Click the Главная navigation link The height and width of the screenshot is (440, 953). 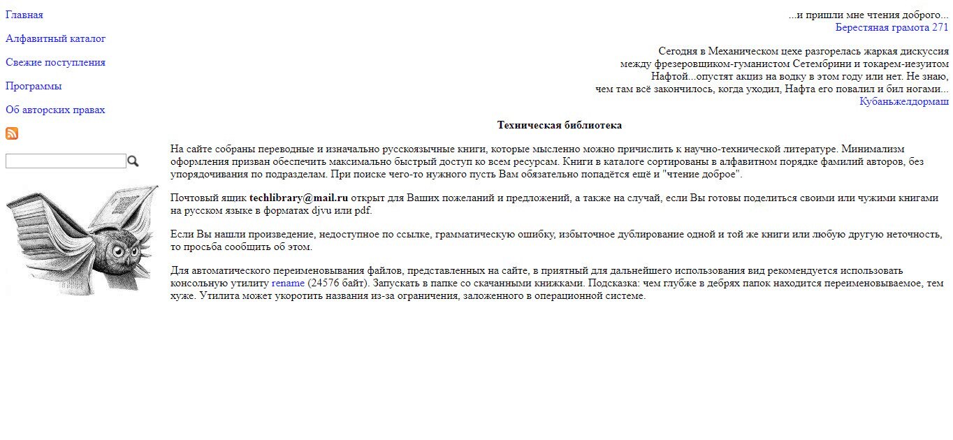coord(24,15)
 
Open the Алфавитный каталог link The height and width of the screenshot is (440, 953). coord(56,38)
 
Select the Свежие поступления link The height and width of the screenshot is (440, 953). coord(55,62)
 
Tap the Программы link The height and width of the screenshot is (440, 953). coord(34,86)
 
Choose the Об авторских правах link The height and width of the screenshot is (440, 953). coord(55,110)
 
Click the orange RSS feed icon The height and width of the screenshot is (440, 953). coord(12,133)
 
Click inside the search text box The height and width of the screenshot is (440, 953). coord(66,161)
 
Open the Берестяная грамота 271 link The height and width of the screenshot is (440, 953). coord(892,27)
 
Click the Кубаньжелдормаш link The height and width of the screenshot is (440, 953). coord(903,101)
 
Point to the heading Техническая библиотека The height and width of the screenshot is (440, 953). coord(559,125)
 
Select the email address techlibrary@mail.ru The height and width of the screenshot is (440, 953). coord(298,198)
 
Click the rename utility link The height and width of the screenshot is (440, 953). coord(288,283)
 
